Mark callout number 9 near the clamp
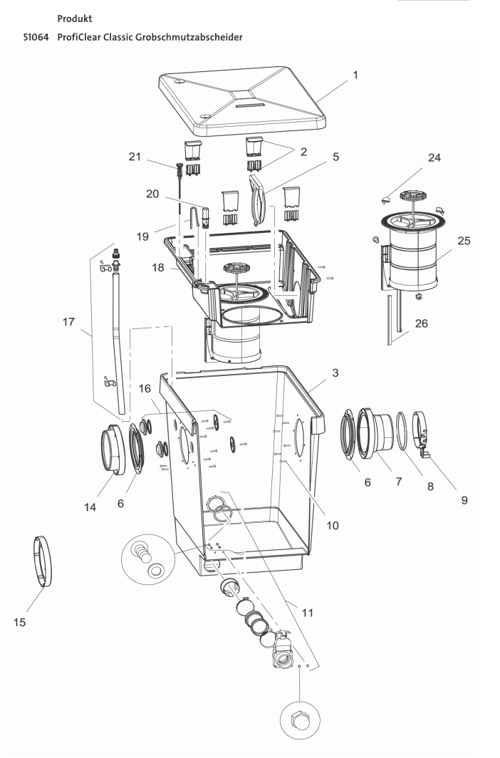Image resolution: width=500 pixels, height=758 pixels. [x=464, y=499]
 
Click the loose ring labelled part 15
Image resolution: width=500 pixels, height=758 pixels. [x=45, y=562]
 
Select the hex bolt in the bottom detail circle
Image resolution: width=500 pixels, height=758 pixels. [x=300, y=725]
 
